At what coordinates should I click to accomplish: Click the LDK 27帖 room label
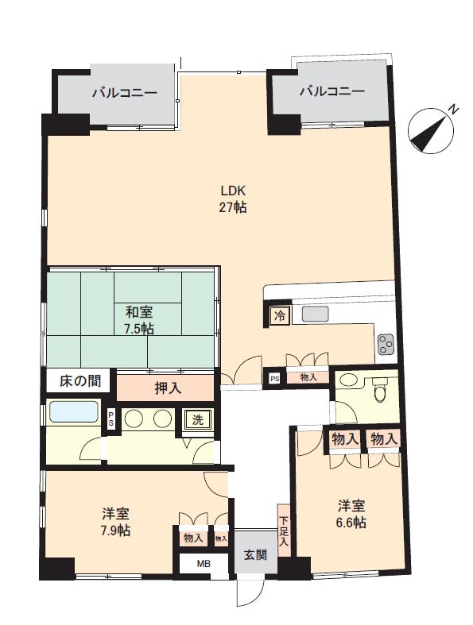click(233, 199)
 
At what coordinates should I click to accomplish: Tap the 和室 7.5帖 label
click(138, 320)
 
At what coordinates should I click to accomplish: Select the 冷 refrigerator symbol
click(280, 317)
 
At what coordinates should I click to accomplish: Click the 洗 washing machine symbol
click(198, 420)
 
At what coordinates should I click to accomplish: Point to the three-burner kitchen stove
click(386, 345)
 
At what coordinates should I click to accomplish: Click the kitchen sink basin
click(316, 314)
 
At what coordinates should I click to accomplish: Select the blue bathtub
click(74, 411)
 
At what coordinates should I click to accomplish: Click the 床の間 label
click(79, 381)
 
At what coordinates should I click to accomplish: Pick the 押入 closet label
click(168, 388)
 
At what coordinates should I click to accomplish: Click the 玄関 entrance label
click(255, 554)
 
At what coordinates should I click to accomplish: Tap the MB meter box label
click(204, 564)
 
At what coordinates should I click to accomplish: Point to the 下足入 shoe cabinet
click(283, 531)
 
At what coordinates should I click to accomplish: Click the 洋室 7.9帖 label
click(115, 523)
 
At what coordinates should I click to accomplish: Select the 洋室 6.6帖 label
click(351, 514)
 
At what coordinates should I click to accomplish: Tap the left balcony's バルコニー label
click(125, 94)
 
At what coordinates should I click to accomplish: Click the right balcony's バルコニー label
click(332, 91)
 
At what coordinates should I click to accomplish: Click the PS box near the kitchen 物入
click(274, 379)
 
